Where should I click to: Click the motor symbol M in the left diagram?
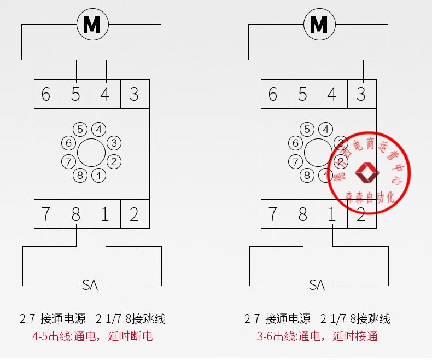(x=92, y=24)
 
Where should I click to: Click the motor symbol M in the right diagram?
(x=319, y=24)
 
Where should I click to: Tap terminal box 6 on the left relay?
(x=46, y=94)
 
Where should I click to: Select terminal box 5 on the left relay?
(x=75, y=94)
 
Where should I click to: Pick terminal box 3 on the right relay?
(x=361, y=94)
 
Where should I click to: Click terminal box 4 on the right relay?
(x=332, y=94)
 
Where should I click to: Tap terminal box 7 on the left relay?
(x=46, y=214)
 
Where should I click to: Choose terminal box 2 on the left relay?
(x=134, y=214)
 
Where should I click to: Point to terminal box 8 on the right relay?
(x=302, y=214)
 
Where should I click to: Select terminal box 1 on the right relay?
(x=332, y=214)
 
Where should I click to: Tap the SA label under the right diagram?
(x=317, y=285)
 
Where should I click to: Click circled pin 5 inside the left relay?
(x=80, y=130)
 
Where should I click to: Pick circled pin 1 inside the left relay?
(x=98, y=176)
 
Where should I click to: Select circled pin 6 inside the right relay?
(x=295, y=143)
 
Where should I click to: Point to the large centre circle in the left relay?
(x=91, y=153)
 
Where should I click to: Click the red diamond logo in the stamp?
(x=367, y=173)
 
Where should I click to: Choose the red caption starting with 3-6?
(x=317, y=336)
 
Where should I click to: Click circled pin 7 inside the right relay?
(x=295, y=162)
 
